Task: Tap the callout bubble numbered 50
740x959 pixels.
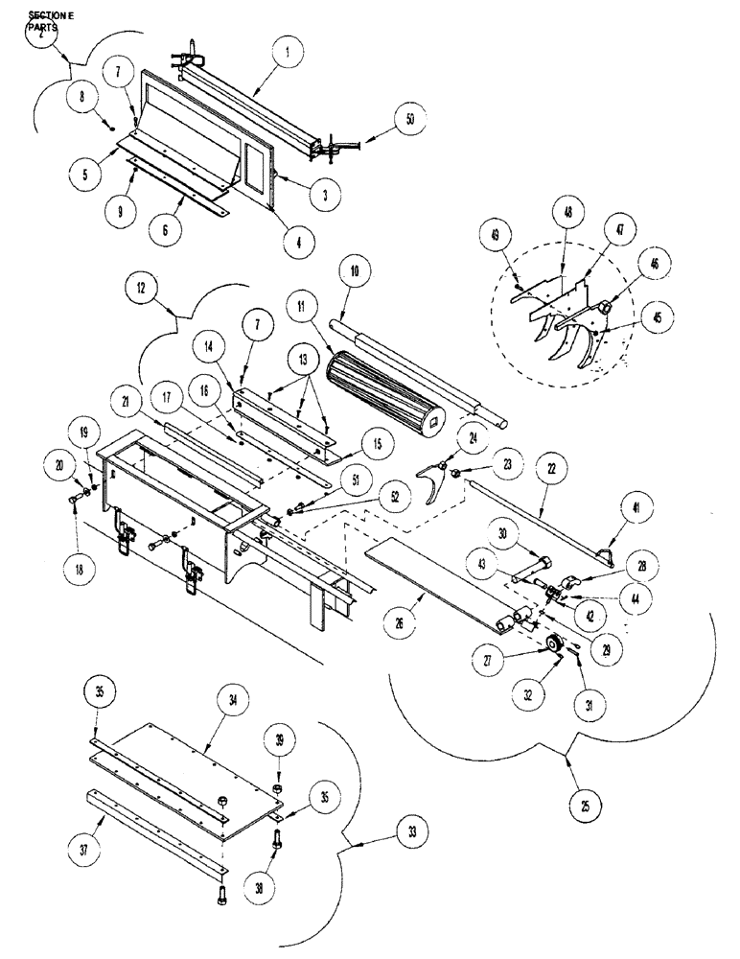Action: [410, 121]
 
